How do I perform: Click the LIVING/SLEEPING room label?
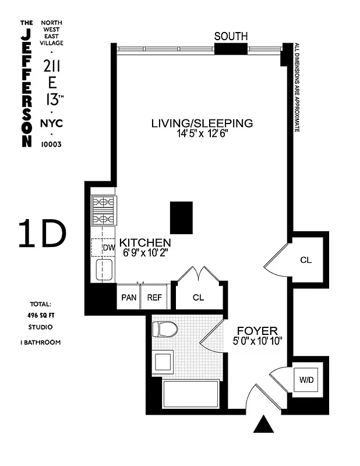coord(202,123)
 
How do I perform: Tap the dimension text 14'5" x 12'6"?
coord(202,133)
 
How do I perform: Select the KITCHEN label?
coord(145,242)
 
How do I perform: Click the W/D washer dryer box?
coord(305,380)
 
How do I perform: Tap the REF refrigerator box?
coord(155,297)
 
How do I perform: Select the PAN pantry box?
coord(129,297)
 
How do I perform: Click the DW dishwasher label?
coord(108,248)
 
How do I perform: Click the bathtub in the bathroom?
coord(190,394)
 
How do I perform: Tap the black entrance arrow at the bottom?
coord(264,424)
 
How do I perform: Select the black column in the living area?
coord(181,217)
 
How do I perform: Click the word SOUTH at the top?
coord(231,36)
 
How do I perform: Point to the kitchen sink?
coord(105,270)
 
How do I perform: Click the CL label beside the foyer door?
coord(306,260)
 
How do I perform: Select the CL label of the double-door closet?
coord(199,298)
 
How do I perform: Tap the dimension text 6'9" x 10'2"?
coord(144,253)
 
